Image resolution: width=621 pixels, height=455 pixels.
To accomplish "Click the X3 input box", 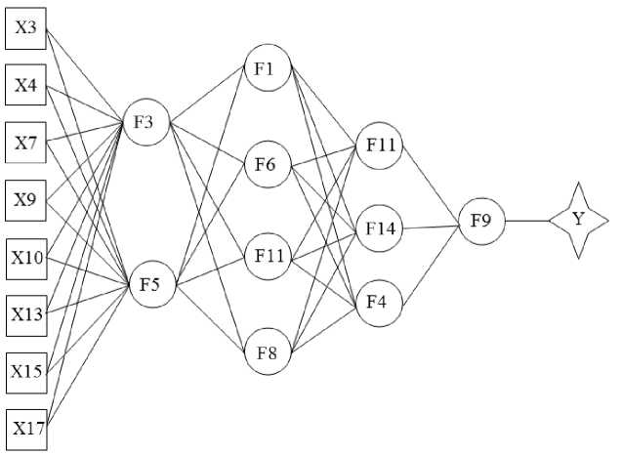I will [25, 27].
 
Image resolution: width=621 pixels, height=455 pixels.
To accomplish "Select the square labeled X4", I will [25, 85].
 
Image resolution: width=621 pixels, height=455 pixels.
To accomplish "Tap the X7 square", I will [25, 143].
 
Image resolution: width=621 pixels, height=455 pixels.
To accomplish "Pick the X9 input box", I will [25, 200].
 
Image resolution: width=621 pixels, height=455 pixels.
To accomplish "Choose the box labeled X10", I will [25, 258].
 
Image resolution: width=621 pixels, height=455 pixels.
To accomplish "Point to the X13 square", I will [25, 313].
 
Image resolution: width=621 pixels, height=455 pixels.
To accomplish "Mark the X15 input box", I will [25, 371].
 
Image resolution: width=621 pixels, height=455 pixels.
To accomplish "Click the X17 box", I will [25, 428].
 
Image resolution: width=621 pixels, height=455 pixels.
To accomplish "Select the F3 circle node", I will [145, 122].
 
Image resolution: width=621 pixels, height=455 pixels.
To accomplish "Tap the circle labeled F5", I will [149, 285].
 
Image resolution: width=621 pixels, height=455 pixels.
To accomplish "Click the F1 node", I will [265, 67].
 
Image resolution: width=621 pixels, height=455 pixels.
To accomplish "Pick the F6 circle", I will [265, 164].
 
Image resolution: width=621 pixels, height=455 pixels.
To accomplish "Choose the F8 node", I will [265, 352].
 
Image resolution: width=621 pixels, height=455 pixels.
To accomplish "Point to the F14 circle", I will [379, 228].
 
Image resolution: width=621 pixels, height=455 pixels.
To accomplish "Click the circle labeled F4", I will [377, 301].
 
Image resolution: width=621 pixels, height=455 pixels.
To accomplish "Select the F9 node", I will [480, 221].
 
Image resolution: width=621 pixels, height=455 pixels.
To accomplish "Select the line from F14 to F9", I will [430, 226].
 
